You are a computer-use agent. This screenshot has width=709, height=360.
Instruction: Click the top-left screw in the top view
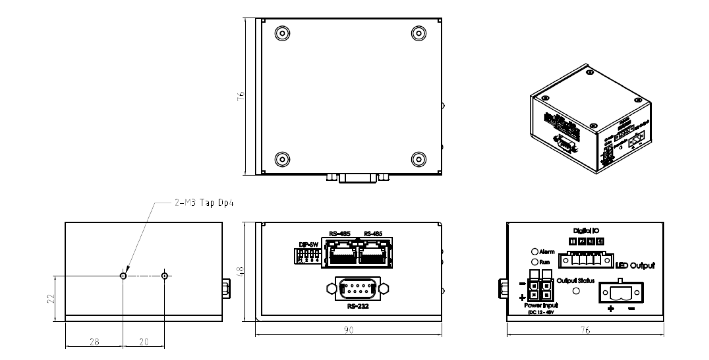[x=282, y=34]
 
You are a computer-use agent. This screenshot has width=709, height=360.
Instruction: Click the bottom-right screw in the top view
[x=419, y=159]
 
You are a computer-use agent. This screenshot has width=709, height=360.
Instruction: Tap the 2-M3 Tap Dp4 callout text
[x=204, y=203]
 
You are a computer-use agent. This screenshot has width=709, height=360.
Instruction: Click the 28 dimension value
[x=94, y=342]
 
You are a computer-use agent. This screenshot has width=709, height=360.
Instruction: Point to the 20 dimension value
[x=144, y=342]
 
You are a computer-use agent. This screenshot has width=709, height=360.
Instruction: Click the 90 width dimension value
[x=348, y=330]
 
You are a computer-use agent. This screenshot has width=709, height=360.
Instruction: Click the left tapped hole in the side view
[x=123, y=276]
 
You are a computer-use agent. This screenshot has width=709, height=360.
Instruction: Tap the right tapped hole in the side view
[x=165, y=276]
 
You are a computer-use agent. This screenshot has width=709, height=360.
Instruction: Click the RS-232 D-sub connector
[x=358, y=289]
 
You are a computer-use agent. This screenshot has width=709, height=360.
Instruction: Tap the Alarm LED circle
[x=535, y=252]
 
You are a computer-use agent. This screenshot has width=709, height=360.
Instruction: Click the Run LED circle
[x=535, y=262]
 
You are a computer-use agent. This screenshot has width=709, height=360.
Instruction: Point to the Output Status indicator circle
[x=576, y=291]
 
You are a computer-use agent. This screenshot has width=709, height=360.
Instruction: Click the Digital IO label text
[x=586, y=231]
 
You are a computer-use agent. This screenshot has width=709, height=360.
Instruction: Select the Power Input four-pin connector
[x=540, y=290]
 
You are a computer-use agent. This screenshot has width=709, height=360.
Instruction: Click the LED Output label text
[x=635, y=265]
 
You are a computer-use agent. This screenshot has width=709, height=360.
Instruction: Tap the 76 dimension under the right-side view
[x=585, y=330]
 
